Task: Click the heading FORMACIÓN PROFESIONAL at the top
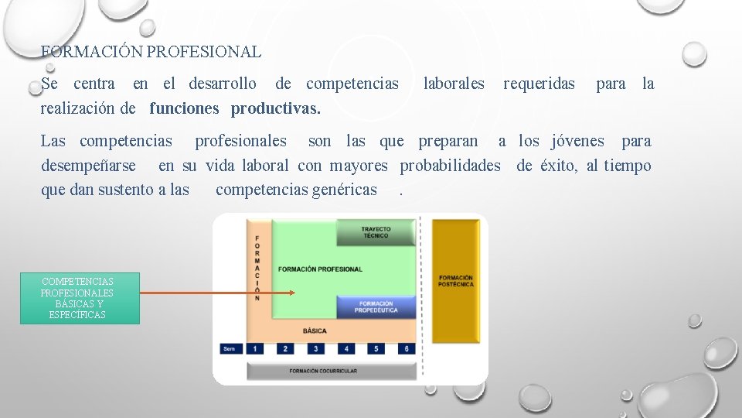tap(151, 53)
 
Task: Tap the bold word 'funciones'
tap(185, 108)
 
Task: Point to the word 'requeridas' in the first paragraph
tap(539, 84)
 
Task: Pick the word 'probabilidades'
tap(450, 166)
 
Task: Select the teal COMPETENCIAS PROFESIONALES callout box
tap(79, 298)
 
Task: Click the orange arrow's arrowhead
tap(292, 293)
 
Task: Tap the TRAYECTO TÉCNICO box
tap(376, 232)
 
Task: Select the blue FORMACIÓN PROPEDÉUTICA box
tap(376, 307)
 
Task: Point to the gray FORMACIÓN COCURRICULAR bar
tap(323, 371)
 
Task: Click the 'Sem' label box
tap(230, 349)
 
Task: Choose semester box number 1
tap(256, 349)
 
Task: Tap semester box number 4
tap(346, 349)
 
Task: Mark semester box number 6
tap(406, 349)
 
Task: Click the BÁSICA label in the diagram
tap(315, 331)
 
